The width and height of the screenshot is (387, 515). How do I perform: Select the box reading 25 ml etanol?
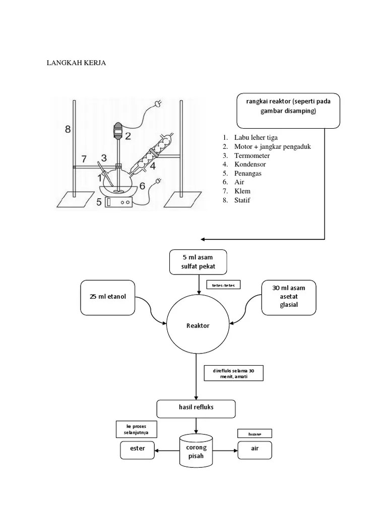pos(108,297)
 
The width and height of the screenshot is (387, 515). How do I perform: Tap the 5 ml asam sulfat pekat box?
pos(198,262)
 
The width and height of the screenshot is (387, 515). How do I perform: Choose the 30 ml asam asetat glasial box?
pos(289,297)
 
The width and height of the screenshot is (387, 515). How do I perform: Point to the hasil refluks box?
pos(196,408)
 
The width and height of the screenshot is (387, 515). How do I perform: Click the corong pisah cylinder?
pos(196,452)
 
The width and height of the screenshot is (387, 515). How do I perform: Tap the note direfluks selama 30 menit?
pos(233,373)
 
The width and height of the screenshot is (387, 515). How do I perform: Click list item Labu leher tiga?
pos(256,137)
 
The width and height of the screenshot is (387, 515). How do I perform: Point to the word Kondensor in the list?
pos(250,164)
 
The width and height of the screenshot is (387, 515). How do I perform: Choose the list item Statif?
pos(242,201)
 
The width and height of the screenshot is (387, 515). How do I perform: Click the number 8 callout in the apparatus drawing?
pos(68,129)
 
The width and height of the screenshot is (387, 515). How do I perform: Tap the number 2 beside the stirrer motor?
pos(128,136)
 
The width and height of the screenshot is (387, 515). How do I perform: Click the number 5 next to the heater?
pos(98,203)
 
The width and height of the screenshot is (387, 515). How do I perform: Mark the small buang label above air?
pos(254,433)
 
